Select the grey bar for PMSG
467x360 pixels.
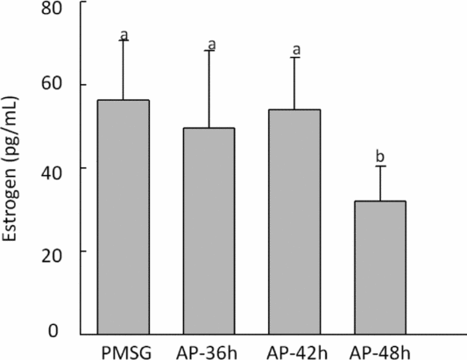click(124, 216)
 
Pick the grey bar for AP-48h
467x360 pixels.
click(379, 267)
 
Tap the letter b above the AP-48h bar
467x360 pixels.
click(379, 157)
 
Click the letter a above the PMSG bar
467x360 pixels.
click(124, 34)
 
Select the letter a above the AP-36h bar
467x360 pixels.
click(209, 44)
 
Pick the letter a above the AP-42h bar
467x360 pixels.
click(294, 50)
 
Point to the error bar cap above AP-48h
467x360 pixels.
click(379, 166)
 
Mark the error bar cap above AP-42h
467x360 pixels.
click(294, 58)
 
